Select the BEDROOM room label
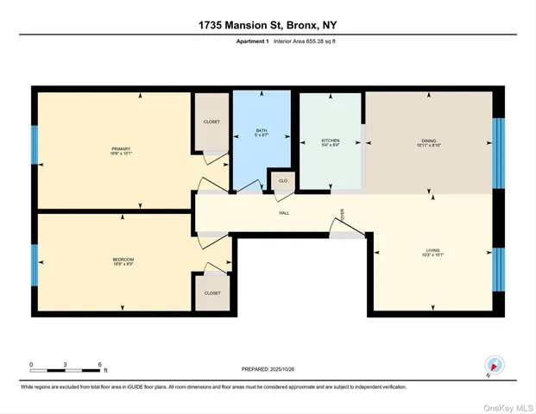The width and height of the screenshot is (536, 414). coord(123,260)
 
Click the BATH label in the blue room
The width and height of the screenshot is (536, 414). coord(262,132)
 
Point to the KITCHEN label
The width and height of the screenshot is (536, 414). coord(330,141)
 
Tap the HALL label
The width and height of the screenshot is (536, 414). coord(283,212)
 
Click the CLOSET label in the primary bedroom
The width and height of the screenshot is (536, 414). coord(211,122)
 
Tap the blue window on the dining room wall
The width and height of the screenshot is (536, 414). coord(497,153)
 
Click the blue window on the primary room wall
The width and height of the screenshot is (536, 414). coord(35,145)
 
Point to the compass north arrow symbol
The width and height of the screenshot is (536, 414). coord(494,365)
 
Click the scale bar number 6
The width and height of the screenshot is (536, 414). coord(100,365)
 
